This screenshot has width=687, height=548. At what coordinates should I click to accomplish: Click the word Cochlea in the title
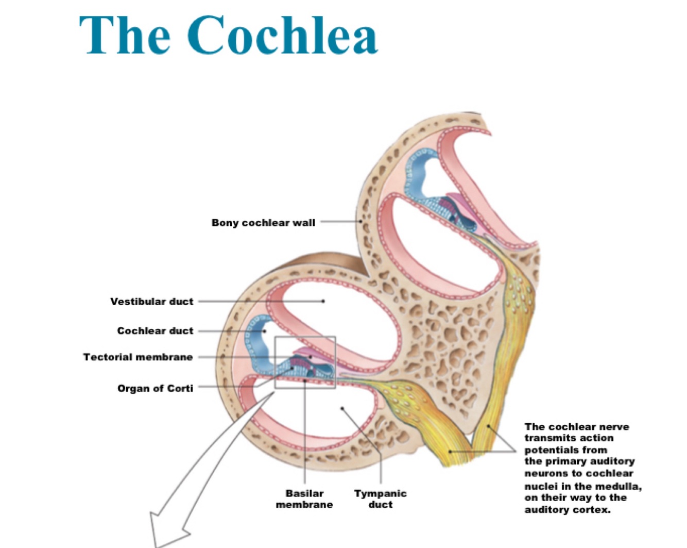tap(283, 35)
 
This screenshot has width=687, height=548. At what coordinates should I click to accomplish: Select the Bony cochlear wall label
tap(263, 223)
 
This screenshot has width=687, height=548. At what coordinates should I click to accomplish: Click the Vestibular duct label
tap(151, 301)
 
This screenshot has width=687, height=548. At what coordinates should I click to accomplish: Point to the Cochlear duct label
tap(155, 330)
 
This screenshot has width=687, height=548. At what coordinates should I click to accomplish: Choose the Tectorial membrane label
tap(138, 357)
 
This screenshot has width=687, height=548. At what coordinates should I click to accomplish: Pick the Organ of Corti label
tap(155, 388)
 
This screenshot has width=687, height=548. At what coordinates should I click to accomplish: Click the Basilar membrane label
tap(304, 499)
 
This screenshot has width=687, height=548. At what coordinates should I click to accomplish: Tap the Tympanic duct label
tap(380, 499)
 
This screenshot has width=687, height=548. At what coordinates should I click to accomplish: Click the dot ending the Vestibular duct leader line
tap(323, 301)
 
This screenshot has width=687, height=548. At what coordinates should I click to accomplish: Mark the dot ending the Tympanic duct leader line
tap(342, 408)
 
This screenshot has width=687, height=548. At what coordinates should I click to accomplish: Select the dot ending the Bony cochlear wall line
tap(360, 222)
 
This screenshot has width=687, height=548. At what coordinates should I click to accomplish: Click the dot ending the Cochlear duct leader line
tap(264, 331)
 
